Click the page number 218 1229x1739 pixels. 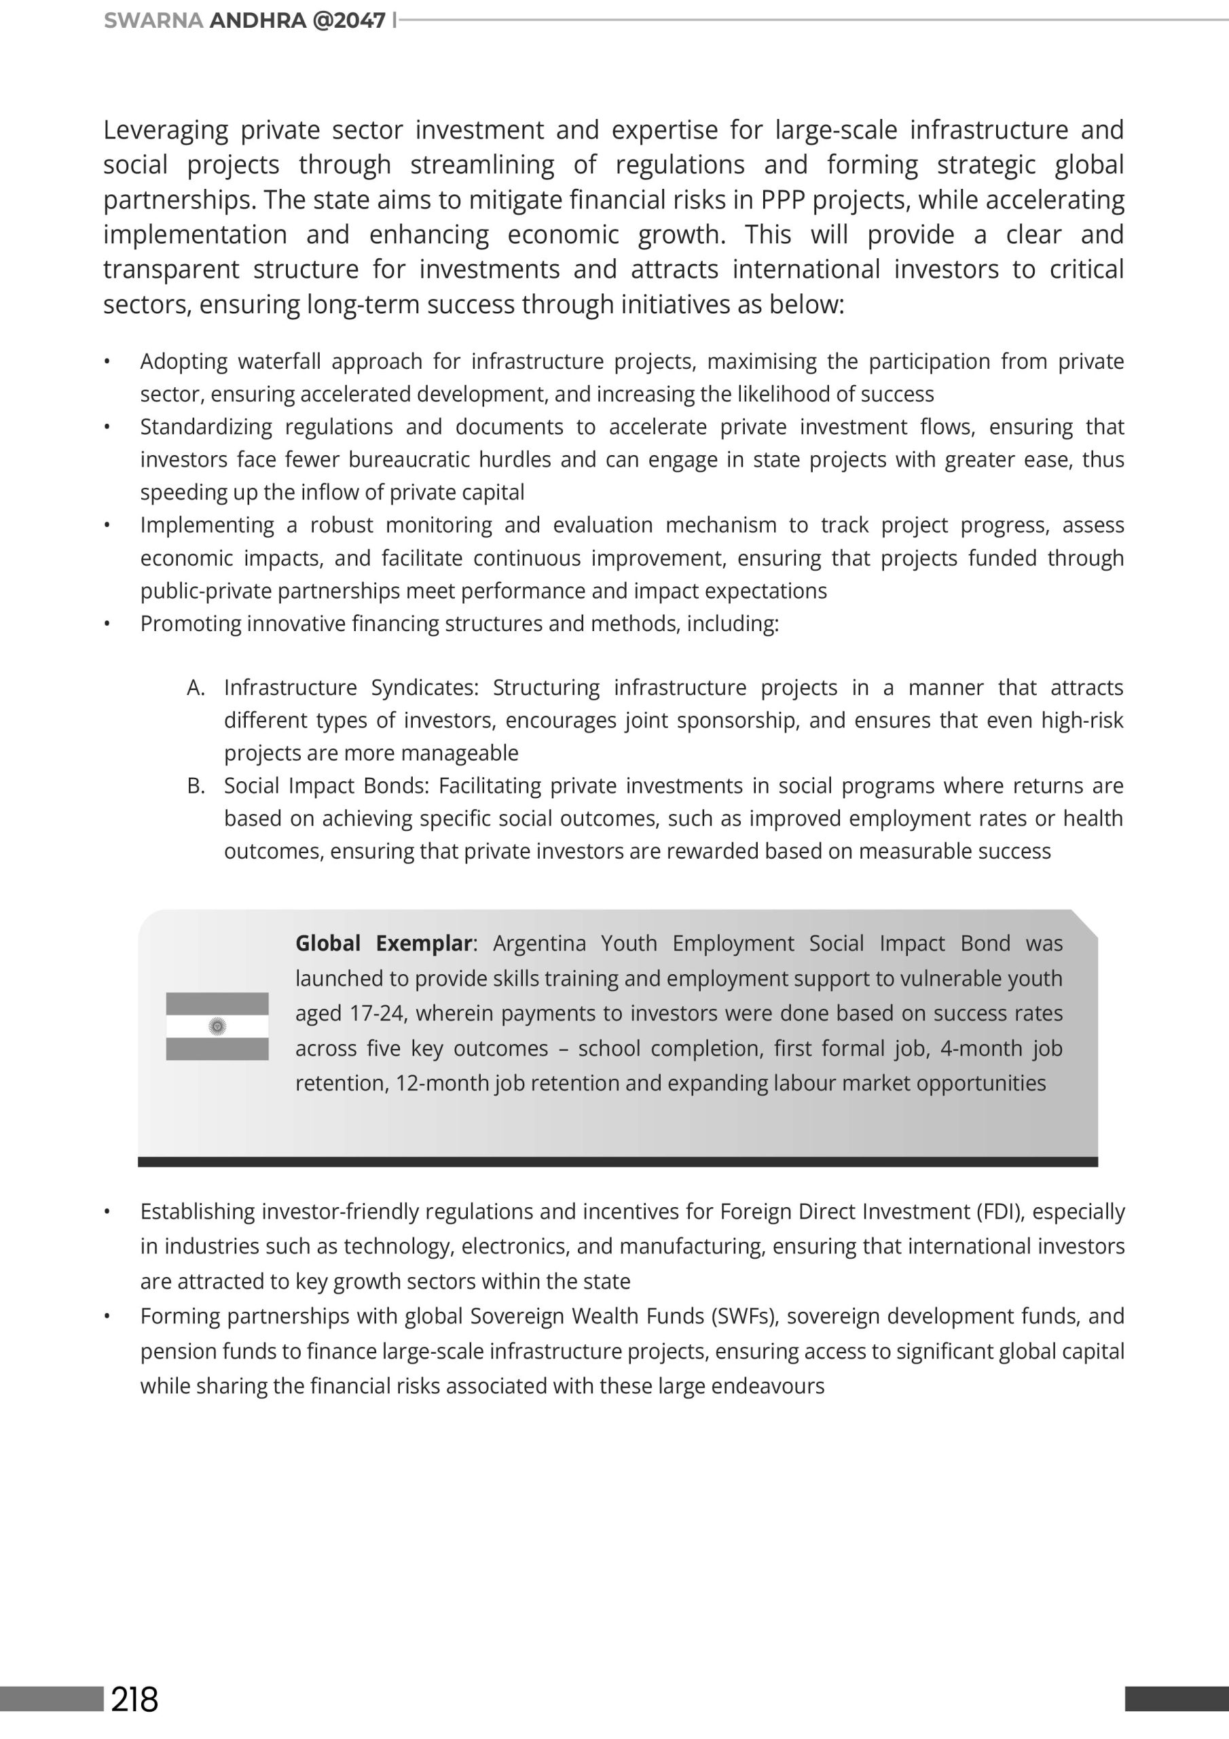point(135,1699)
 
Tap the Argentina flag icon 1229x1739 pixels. point(217,1026)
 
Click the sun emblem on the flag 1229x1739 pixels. point(217,1026)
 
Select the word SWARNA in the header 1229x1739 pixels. point(153,20)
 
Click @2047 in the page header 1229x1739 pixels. point(349,20)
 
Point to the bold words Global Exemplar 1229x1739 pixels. point(384,943)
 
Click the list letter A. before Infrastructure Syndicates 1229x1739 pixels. point(196,687)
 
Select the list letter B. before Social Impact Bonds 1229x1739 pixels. point(196,786)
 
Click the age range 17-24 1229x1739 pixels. point(376,1014)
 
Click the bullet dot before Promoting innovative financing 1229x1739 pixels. point(107,624)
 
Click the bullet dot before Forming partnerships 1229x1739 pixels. point(107,1317)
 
